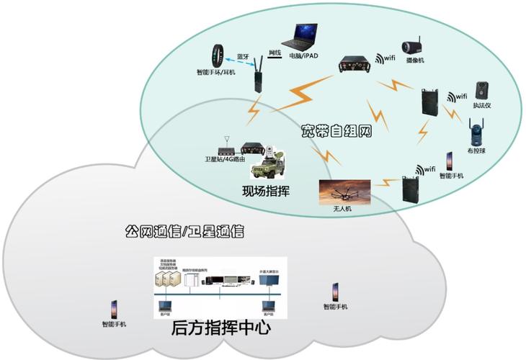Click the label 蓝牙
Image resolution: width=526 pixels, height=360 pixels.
tap(243, 55)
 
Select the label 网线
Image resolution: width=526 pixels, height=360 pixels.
tap(275, 53)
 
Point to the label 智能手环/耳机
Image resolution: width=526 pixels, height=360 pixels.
tap(217, 72)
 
